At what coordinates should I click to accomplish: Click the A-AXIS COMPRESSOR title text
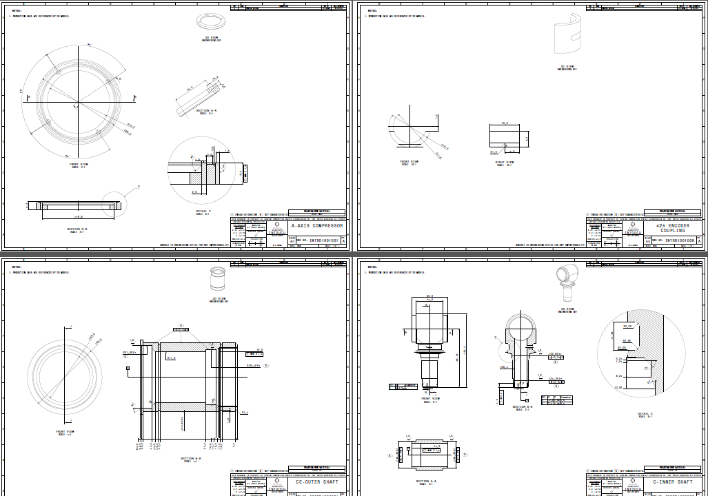click(317, 226)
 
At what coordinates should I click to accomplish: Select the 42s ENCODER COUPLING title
click(673, 228)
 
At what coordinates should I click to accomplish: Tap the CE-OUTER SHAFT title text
click(321, 482)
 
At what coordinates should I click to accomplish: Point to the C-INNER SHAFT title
click(673, 482)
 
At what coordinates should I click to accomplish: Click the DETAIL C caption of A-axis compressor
click(203, 213)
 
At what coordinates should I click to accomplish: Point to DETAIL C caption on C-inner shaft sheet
click(645, 413)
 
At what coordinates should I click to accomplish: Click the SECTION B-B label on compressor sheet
click(77, 229)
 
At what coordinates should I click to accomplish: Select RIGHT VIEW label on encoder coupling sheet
click(505, 163)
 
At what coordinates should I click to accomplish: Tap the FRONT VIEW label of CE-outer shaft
click(65, 432)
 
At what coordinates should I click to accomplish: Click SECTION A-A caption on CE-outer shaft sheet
click(191, 458)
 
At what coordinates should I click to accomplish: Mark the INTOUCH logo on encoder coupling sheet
click(634, 232)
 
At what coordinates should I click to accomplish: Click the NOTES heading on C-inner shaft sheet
click(372, 267)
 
